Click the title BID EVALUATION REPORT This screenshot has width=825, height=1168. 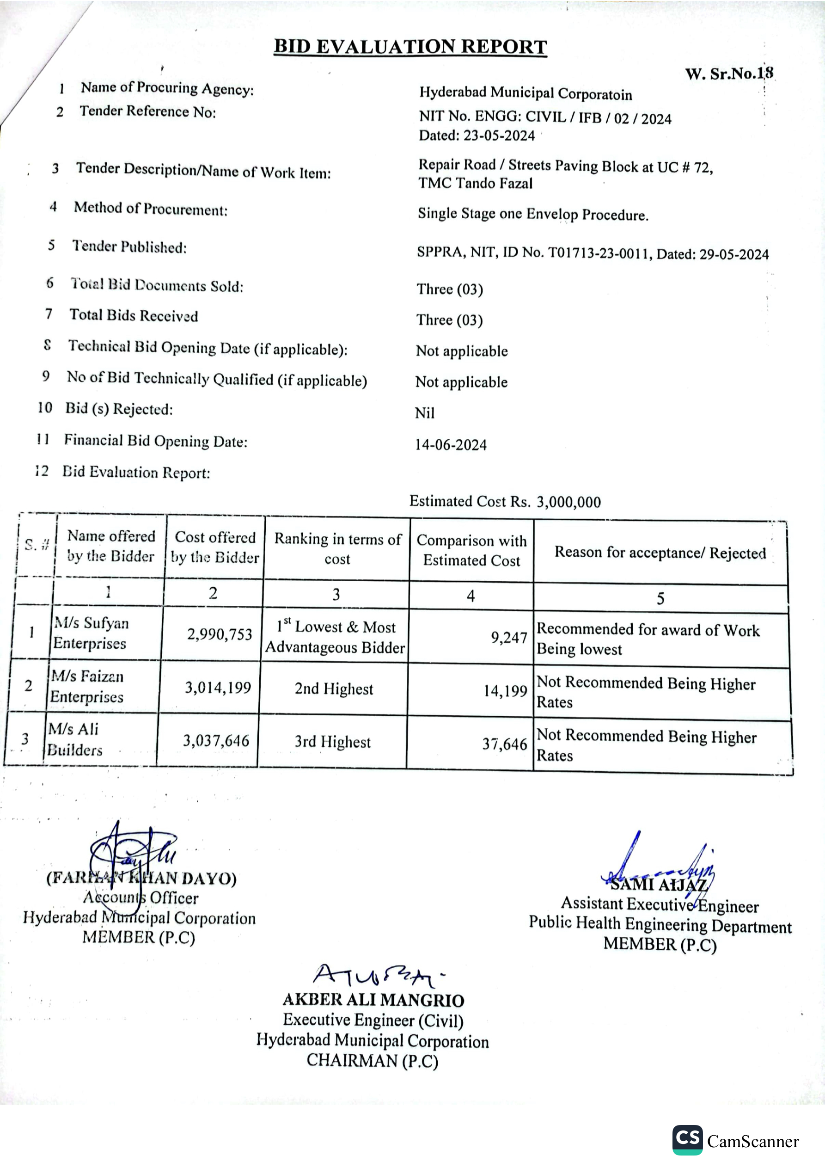(410, 47)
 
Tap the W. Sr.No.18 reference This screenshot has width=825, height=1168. (729, 74)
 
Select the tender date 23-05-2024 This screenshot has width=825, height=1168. (498, 135)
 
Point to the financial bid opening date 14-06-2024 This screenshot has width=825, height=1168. (451, 445)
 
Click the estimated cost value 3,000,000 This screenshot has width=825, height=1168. (568, 502)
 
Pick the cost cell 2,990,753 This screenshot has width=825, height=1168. (219, 634)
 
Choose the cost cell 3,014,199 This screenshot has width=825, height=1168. (218, 688)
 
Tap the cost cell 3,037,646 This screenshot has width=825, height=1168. (216, 741)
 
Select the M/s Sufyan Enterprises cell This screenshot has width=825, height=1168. (91, 633)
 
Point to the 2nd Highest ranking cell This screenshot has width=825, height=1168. (334, 689)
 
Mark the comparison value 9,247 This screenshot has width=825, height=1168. (508, 638)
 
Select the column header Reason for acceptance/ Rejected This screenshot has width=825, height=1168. (660, 553)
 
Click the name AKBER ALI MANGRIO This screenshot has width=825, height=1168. (373, 1000)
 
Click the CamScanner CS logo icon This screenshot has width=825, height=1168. (687, 1139)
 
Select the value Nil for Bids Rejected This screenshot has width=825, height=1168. (425, 412)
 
